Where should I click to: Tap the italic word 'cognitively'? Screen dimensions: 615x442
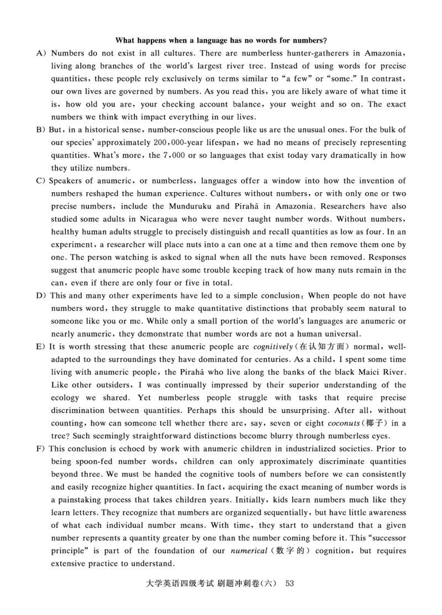click(x=271, y=347)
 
